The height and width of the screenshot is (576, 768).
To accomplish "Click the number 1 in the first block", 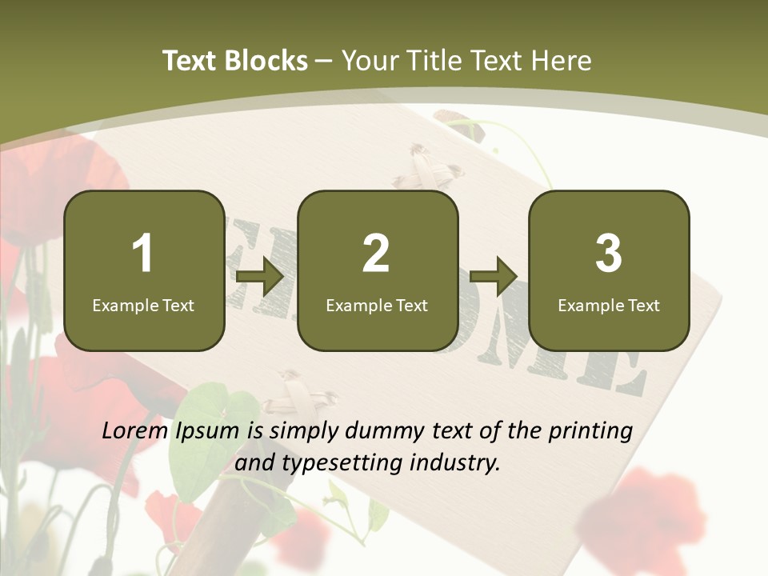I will pos(142,254).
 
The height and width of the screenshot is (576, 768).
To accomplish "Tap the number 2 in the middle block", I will pos(376,254).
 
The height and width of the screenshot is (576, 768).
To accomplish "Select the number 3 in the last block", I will pos(609,254).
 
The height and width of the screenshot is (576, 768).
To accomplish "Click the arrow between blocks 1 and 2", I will pos(260,277).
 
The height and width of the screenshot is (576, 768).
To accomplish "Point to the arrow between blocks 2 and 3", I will pos(494,277).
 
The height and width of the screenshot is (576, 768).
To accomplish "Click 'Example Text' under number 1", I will pos(143,306).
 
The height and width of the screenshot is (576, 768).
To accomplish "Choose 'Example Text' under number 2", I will pos(377,306).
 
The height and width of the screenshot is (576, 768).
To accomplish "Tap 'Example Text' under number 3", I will pos(609,306).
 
